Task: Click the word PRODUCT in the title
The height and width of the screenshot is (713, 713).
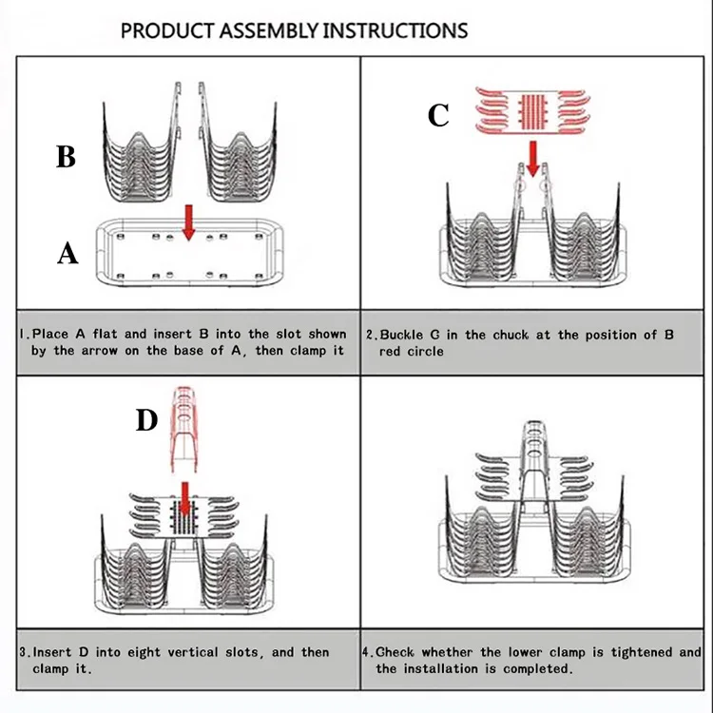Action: pos(167,30)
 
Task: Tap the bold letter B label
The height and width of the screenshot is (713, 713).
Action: pos(66,156)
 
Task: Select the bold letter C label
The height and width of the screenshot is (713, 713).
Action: pos(438,116)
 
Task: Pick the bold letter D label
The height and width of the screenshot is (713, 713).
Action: pos(145,420)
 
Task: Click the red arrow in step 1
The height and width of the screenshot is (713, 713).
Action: pos(188,221)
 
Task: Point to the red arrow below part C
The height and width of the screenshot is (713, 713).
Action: pos(532,158)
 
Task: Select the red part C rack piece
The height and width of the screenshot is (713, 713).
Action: pos(533,110)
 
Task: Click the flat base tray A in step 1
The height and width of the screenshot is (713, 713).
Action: pos(186,251)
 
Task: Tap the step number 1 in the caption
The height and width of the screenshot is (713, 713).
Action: pos(23,335)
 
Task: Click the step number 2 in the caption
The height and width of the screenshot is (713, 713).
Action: pos(370,336)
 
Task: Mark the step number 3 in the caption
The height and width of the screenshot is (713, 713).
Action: pos(23,652)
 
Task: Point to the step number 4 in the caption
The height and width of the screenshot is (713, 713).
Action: pos(370,652)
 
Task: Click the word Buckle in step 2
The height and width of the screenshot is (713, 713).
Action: pos(403,336)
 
